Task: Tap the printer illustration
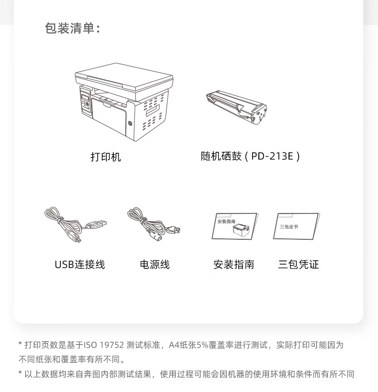coord(124,102)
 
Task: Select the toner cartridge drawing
coord(236,107)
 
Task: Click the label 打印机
coord(105,157)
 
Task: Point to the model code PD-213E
coord(272,156)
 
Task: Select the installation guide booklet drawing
coord(234,226)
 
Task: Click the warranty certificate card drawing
coord(296,226)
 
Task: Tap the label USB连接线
coord(80,265)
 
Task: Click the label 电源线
coord(155,265)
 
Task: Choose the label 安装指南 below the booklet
coord(234,265)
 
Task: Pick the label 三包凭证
coord(299,265)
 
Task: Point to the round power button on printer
coord(130,123)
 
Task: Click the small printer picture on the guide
coord(241,229)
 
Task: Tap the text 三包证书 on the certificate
coord(289,227)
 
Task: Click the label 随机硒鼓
coord(221,156)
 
